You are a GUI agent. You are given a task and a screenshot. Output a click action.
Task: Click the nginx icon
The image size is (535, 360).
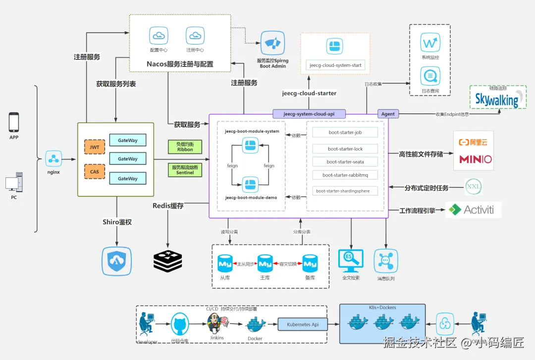pyautogui.click(x=53, y=159)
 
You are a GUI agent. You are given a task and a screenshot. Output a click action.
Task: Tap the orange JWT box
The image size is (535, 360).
pyautogui.click(x=94, y=147)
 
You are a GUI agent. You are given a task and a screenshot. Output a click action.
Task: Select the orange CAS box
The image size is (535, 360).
pyautogui.click(x=94, y=172)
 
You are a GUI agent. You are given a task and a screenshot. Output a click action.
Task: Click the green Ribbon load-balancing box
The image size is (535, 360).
pyautogui.click(x=185, y=147)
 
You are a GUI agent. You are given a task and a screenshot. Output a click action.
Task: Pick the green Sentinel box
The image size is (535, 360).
pyautogui.click(x=185, y=170)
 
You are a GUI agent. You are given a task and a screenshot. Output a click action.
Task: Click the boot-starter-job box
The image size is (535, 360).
pyautogui.click(x=345, y=132)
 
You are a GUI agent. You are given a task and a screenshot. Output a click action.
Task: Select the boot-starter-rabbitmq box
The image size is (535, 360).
pyautogui.click(x=345, y=175)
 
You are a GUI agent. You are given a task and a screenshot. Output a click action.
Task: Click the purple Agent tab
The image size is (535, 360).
pyautogui.click(x=388, y=114)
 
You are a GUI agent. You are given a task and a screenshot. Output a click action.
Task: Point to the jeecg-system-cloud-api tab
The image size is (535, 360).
pyautogui.click(x=309, y=114)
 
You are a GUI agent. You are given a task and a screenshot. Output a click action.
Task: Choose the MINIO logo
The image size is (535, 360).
pyautogui.click(x=475, y=159)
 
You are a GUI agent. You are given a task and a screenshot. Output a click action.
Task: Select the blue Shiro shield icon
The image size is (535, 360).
pyautogui.click(x=117, y=261)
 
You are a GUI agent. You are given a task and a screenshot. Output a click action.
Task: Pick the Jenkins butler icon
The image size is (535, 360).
pyautogui.click(x=214, y=322)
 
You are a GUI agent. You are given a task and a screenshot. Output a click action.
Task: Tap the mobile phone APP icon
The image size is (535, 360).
pyautogui.click(x=14, y=122)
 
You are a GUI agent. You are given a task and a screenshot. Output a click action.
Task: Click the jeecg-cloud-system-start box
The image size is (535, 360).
pyautogui.click(x=335, y=65)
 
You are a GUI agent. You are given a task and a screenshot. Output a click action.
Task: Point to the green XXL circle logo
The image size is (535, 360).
pyautogui.click(x=473, y=187)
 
